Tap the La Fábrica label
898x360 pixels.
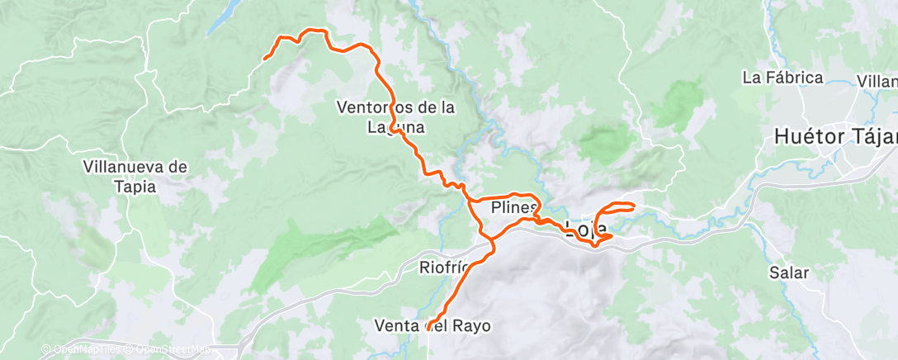click(782, 78)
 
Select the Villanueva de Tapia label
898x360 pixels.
click(135, 176)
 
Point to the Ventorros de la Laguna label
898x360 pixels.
click(396, 116)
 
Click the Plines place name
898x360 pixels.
click(513, 206)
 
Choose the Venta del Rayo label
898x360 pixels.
click(432, 325)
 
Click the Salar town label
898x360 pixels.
click(788, 272)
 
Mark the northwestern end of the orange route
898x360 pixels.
click(264, 59)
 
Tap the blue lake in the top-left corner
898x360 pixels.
click(224, 17)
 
